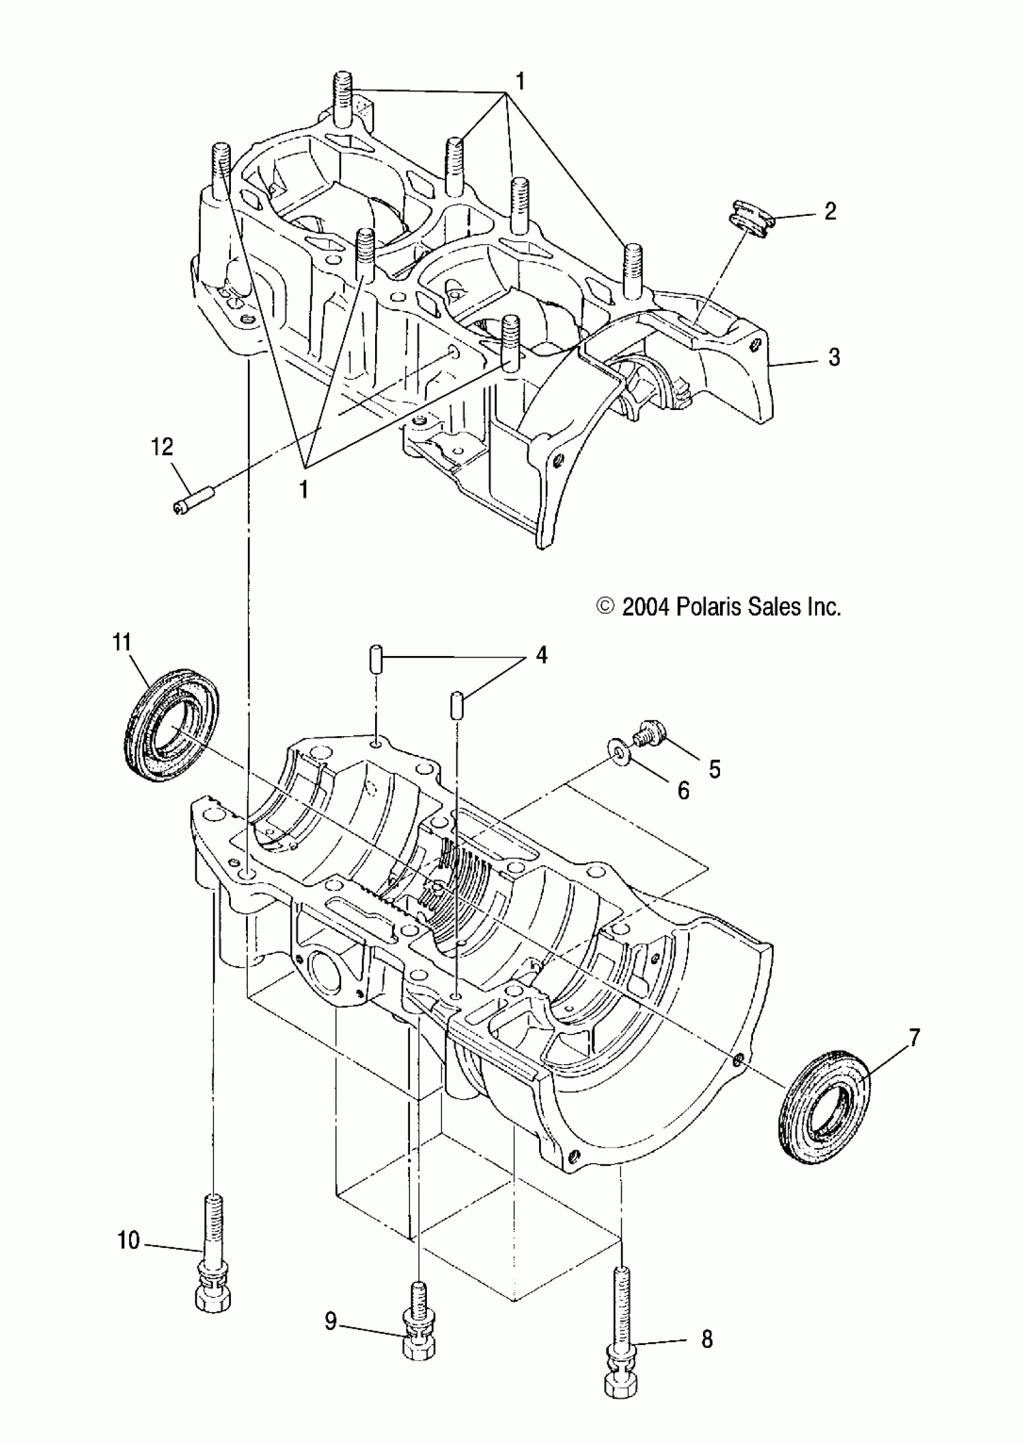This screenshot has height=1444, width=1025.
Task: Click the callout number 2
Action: pos(830,211)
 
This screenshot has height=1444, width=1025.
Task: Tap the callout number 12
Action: pos(162,447)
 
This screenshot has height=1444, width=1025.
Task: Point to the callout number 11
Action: pos(122,643)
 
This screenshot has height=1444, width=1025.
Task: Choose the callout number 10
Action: pos(129,1240)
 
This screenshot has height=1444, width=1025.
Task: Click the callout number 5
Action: pos(714,769)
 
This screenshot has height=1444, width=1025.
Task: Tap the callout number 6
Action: pos(683,790)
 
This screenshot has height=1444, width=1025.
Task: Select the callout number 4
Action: pos(541,655)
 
